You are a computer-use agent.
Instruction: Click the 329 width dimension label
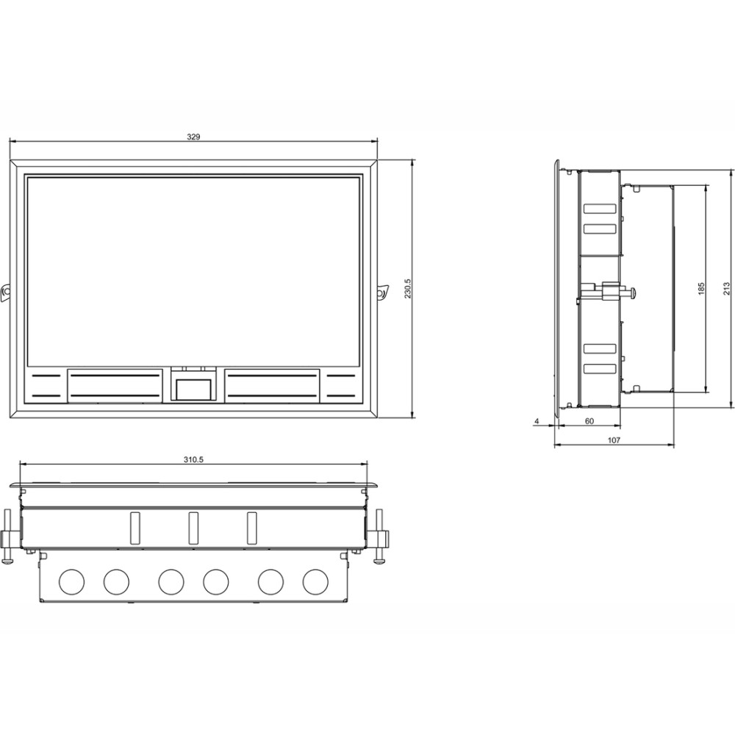point(193,137)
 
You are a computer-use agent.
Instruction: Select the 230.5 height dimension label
point(407,288)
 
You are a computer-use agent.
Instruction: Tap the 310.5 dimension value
point(193,460)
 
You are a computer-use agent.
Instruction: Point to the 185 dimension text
point(700,288)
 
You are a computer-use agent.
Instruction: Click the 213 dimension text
point(726,288)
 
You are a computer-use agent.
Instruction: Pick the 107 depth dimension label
point(614,440)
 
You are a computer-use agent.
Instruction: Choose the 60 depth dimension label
point(589,421)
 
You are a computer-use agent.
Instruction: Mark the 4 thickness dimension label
point(537,421)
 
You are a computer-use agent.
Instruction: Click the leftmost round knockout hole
point(72,581)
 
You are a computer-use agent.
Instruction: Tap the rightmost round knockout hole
point(315,581)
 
